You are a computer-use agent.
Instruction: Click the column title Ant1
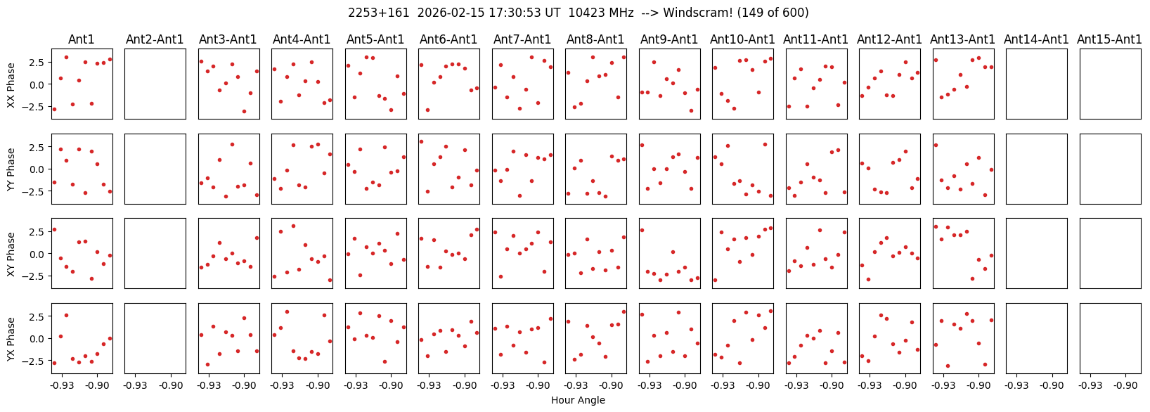tap(81, 39)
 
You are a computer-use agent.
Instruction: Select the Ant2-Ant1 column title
tap(155, 39)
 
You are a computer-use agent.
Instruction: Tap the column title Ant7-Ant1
tap(522, 39)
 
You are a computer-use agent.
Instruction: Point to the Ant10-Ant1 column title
tap(742, 39)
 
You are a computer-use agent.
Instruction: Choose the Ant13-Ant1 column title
tap(962, 39)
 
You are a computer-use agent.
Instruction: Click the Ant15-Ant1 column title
tap(1109, 39)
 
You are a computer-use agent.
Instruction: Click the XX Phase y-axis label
tap(11, 84)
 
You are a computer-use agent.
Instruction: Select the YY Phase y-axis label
tap(11, 169)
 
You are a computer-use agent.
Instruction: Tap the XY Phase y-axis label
tap(11, 254)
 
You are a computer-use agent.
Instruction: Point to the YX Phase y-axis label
tap(11, 339)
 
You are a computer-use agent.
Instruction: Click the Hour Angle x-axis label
tap(578, 401)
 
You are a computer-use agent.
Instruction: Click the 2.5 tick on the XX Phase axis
tap(37, 63)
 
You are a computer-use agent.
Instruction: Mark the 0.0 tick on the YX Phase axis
tap(37, 339)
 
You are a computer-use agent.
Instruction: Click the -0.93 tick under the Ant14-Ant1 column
tap(1016, 385)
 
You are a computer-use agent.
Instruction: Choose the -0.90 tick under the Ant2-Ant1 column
tap(171, 385)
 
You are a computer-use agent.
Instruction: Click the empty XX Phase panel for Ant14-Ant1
tap(1036, 84)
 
